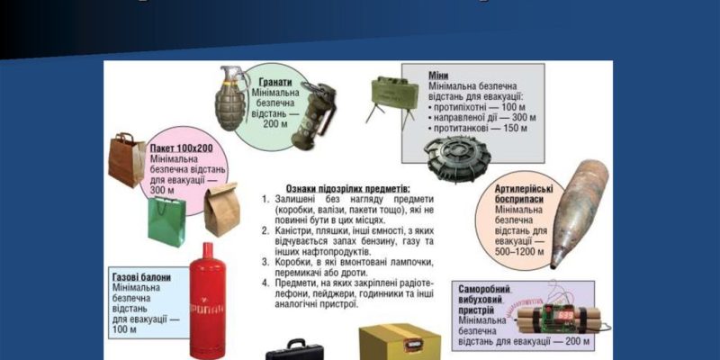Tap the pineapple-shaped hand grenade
(x=232, y=98)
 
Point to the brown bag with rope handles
(x=125, y=159)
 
